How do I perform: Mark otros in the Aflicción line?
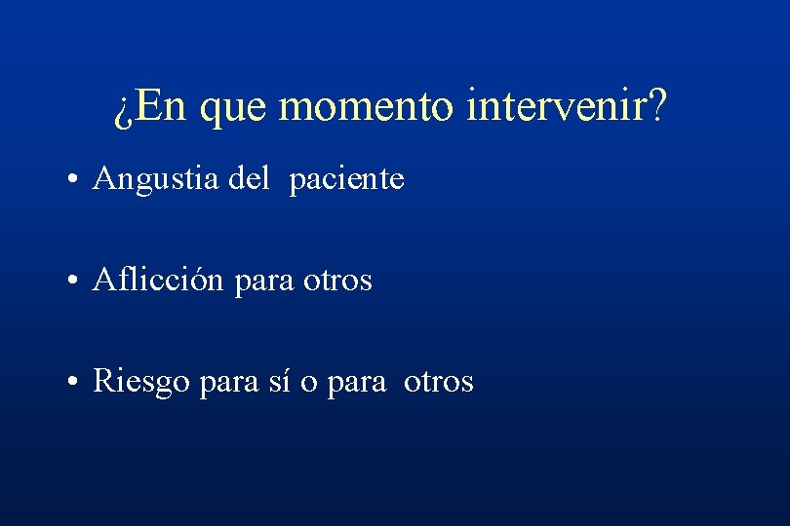(x=336, y=281)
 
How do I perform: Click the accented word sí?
(x=277, y=381)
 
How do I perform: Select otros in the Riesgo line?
(x=438, y=381)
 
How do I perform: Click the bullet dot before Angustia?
(x=74, y=181)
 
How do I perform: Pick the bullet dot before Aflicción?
(x=74, y=282)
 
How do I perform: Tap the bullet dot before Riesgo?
(x=74, y=383)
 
